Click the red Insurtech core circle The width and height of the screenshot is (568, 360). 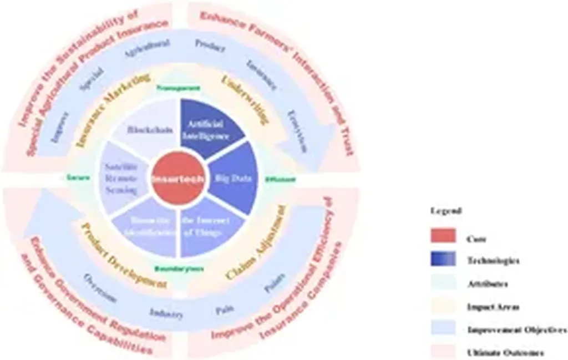(x=179, y=179)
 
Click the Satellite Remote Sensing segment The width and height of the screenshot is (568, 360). (x=123, y=179)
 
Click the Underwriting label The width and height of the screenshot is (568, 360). (x=245, y=100)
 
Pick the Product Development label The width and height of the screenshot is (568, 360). (x=123, y=255)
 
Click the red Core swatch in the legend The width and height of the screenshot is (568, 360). (x=443, y=236)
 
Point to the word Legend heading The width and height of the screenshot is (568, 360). (x=442, y=210)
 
